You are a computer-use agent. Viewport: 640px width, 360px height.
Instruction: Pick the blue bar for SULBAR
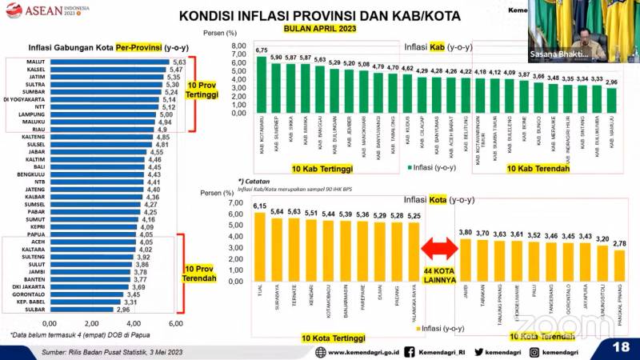82,309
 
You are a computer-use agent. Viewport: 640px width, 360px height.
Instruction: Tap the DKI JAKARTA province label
29,286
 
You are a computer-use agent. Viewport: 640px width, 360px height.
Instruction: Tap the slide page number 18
621,346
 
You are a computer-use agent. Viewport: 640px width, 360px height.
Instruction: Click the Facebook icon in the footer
409,350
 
